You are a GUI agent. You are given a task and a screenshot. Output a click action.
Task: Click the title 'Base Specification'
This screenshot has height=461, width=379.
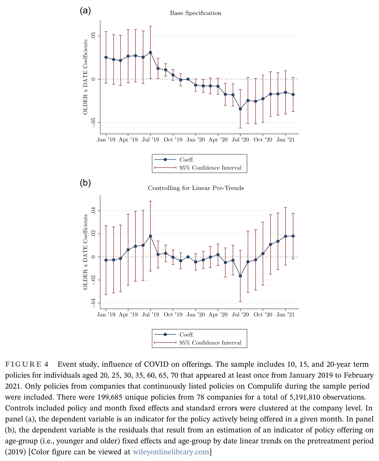[x=195, y=13]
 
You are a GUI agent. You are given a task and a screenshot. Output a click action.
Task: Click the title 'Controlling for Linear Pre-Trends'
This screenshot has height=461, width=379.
[x=196, y=188]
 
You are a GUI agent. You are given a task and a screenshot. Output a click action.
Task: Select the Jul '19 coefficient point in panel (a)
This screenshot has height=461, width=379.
[x=150, y=52]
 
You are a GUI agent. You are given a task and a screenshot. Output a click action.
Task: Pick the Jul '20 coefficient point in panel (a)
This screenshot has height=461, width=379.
[x=240, y=109]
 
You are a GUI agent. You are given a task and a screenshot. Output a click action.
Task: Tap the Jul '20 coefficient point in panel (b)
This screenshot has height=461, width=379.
[x=240, y=276]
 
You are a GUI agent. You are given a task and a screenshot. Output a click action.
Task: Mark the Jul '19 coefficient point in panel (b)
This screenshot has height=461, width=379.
[x=150, y=236]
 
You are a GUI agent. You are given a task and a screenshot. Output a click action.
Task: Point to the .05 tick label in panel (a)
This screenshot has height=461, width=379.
[x=93, y=36]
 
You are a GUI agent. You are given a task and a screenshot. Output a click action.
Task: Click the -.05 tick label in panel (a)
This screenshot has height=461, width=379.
[x=93, y=122]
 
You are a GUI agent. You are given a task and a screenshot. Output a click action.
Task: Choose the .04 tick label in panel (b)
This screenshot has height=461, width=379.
[x=93, y=211]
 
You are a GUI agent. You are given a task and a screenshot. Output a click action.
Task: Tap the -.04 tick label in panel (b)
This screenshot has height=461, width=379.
[x=93, y=303]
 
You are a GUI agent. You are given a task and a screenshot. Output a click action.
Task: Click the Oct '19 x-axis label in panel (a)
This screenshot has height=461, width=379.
[x=173, y=140]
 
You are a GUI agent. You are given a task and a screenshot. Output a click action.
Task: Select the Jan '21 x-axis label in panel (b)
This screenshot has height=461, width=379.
[x=286, y=315]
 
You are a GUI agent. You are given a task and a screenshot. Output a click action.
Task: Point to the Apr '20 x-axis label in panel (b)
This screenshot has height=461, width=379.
[x=218, y=315]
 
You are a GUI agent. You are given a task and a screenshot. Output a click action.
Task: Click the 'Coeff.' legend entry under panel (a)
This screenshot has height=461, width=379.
[x=187, y=159]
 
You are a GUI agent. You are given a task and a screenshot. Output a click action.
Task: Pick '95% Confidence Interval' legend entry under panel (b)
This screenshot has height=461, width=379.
[x=210, y=343]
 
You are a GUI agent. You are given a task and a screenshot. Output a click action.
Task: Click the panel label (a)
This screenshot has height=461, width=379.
[x=85, y=10]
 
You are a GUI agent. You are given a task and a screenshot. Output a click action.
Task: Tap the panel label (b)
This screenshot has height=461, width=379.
[x=85, y=183]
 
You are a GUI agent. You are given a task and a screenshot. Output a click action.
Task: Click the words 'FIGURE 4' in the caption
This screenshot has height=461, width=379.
[x=27, y=364]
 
